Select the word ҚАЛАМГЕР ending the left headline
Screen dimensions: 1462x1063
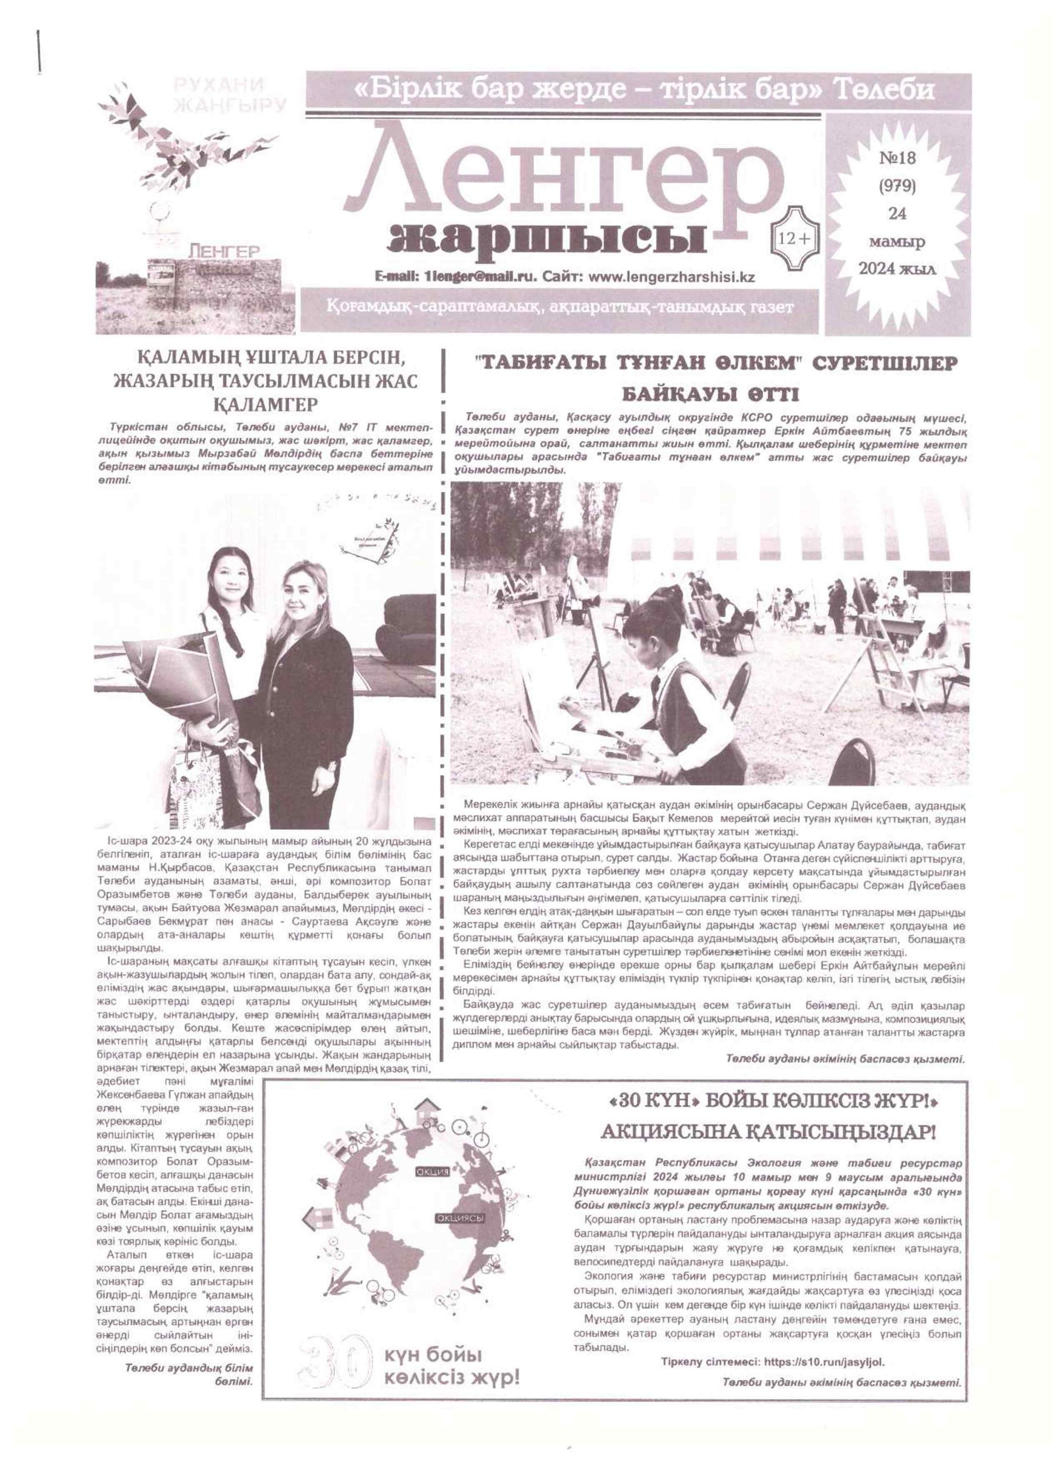pos(266,404)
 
